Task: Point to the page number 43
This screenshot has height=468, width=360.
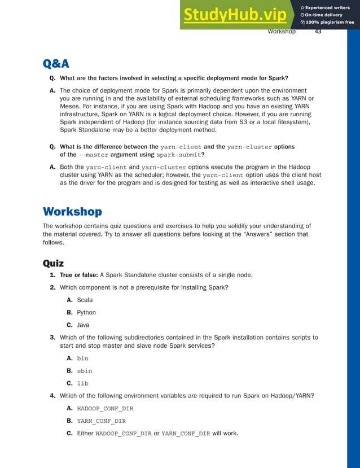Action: coord(318,32)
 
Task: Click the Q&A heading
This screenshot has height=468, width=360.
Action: coord(56,63)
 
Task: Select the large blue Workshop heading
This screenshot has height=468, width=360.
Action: coord(72,212)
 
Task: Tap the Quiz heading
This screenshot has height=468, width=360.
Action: coord(54,263)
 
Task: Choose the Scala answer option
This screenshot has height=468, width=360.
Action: coord(85,300)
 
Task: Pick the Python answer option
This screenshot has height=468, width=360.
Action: coord(86,312)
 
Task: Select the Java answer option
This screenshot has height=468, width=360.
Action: coord(83,325)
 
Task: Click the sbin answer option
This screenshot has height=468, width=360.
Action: coord(84,371)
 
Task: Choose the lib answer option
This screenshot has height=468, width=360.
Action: coord(82,383)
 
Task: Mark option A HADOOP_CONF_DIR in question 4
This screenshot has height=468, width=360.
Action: coord(105,408)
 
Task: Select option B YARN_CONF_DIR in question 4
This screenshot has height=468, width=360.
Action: coord(101,421)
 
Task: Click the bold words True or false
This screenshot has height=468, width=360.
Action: coord(78,275)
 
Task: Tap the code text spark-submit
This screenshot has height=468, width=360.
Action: coord(179,155)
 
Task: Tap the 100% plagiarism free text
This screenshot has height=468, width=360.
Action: coord(330,22)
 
